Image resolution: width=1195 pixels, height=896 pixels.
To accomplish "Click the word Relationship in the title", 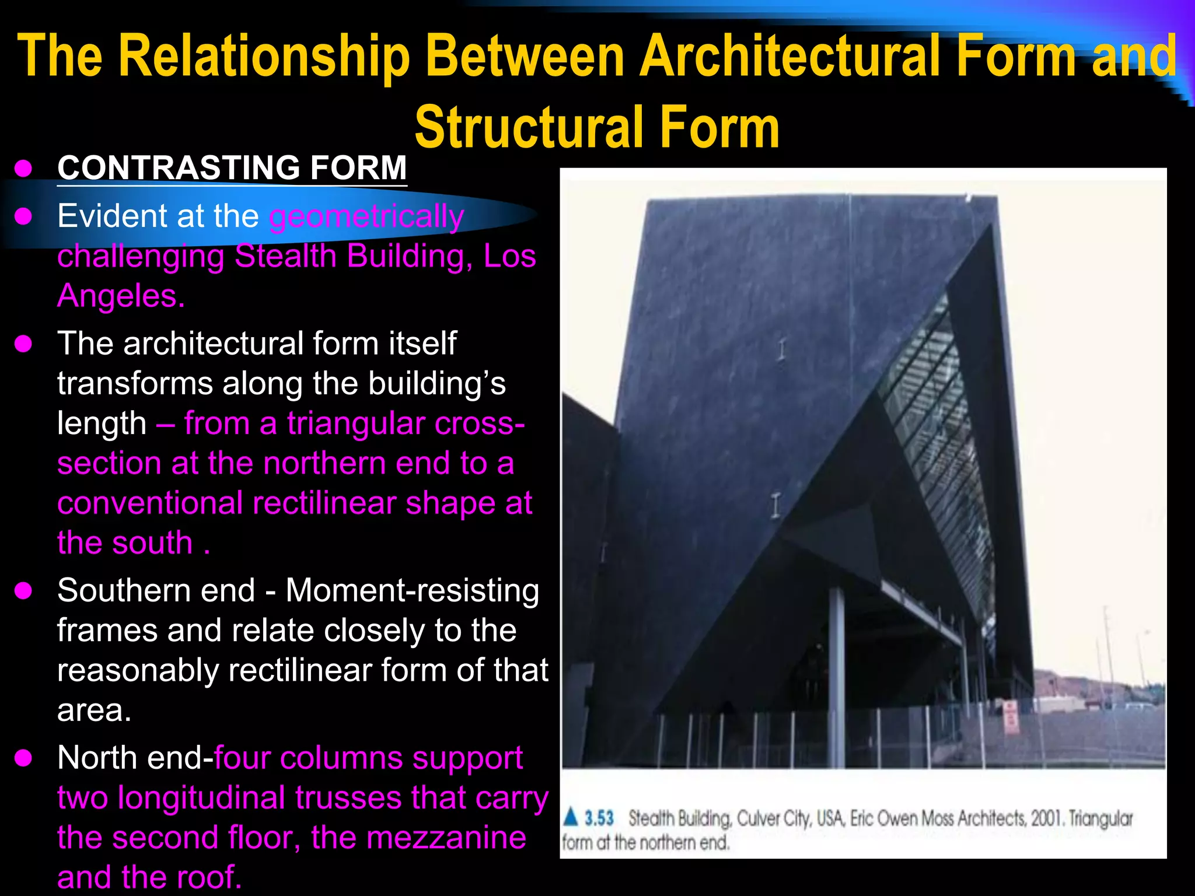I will click(x=264, y=57).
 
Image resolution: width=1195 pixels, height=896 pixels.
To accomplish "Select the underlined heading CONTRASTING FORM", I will click(x=232, y=168).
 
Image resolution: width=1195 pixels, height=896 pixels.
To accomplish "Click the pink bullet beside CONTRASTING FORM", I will click(x=23, y=169).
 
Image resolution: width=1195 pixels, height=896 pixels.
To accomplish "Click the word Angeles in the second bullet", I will click(x=117, y=296).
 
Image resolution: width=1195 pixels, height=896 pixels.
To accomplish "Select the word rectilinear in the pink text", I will click(x=324, y=503).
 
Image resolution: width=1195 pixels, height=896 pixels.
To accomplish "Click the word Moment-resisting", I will click(x=412, y=590).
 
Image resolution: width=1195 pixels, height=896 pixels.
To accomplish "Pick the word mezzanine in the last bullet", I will click(x=446, y=838).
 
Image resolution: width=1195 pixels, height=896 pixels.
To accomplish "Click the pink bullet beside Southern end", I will click(x=23, y=591).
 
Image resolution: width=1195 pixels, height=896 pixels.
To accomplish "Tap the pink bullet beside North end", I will click(x=23, y=758).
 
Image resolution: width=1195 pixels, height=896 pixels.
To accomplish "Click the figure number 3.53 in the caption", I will click(x=599, y=818).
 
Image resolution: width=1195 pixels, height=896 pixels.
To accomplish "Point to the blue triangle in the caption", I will click(x=571, y=817).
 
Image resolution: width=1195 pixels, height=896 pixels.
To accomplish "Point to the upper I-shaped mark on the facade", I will click(x=781, y=349).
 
